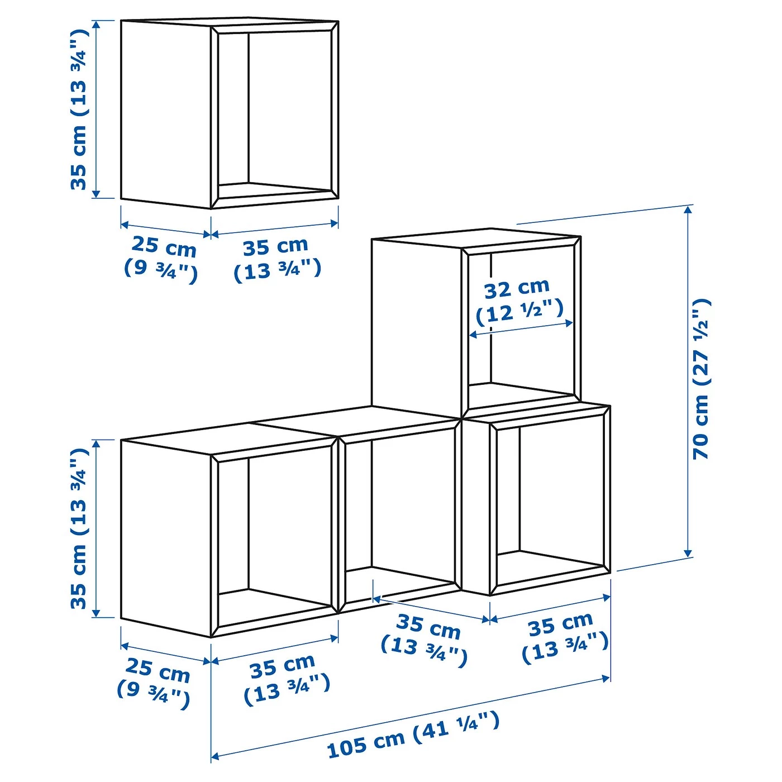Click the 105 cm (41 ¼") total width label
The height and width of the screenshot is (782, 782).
click(413, 735)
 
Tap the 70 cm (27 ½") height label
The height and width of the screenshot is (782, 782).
click(702, 379)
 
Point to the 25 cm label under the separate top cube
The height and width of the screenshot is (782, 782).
click(162, 257)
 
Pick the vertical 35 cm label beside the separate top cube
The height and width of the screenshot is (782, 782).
click(79, 109)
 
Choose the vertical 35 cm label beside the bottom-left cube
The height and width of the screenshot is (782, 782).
click(79, 528)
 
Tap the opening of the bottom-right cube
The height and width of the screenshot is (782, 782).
click(550, 497)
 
